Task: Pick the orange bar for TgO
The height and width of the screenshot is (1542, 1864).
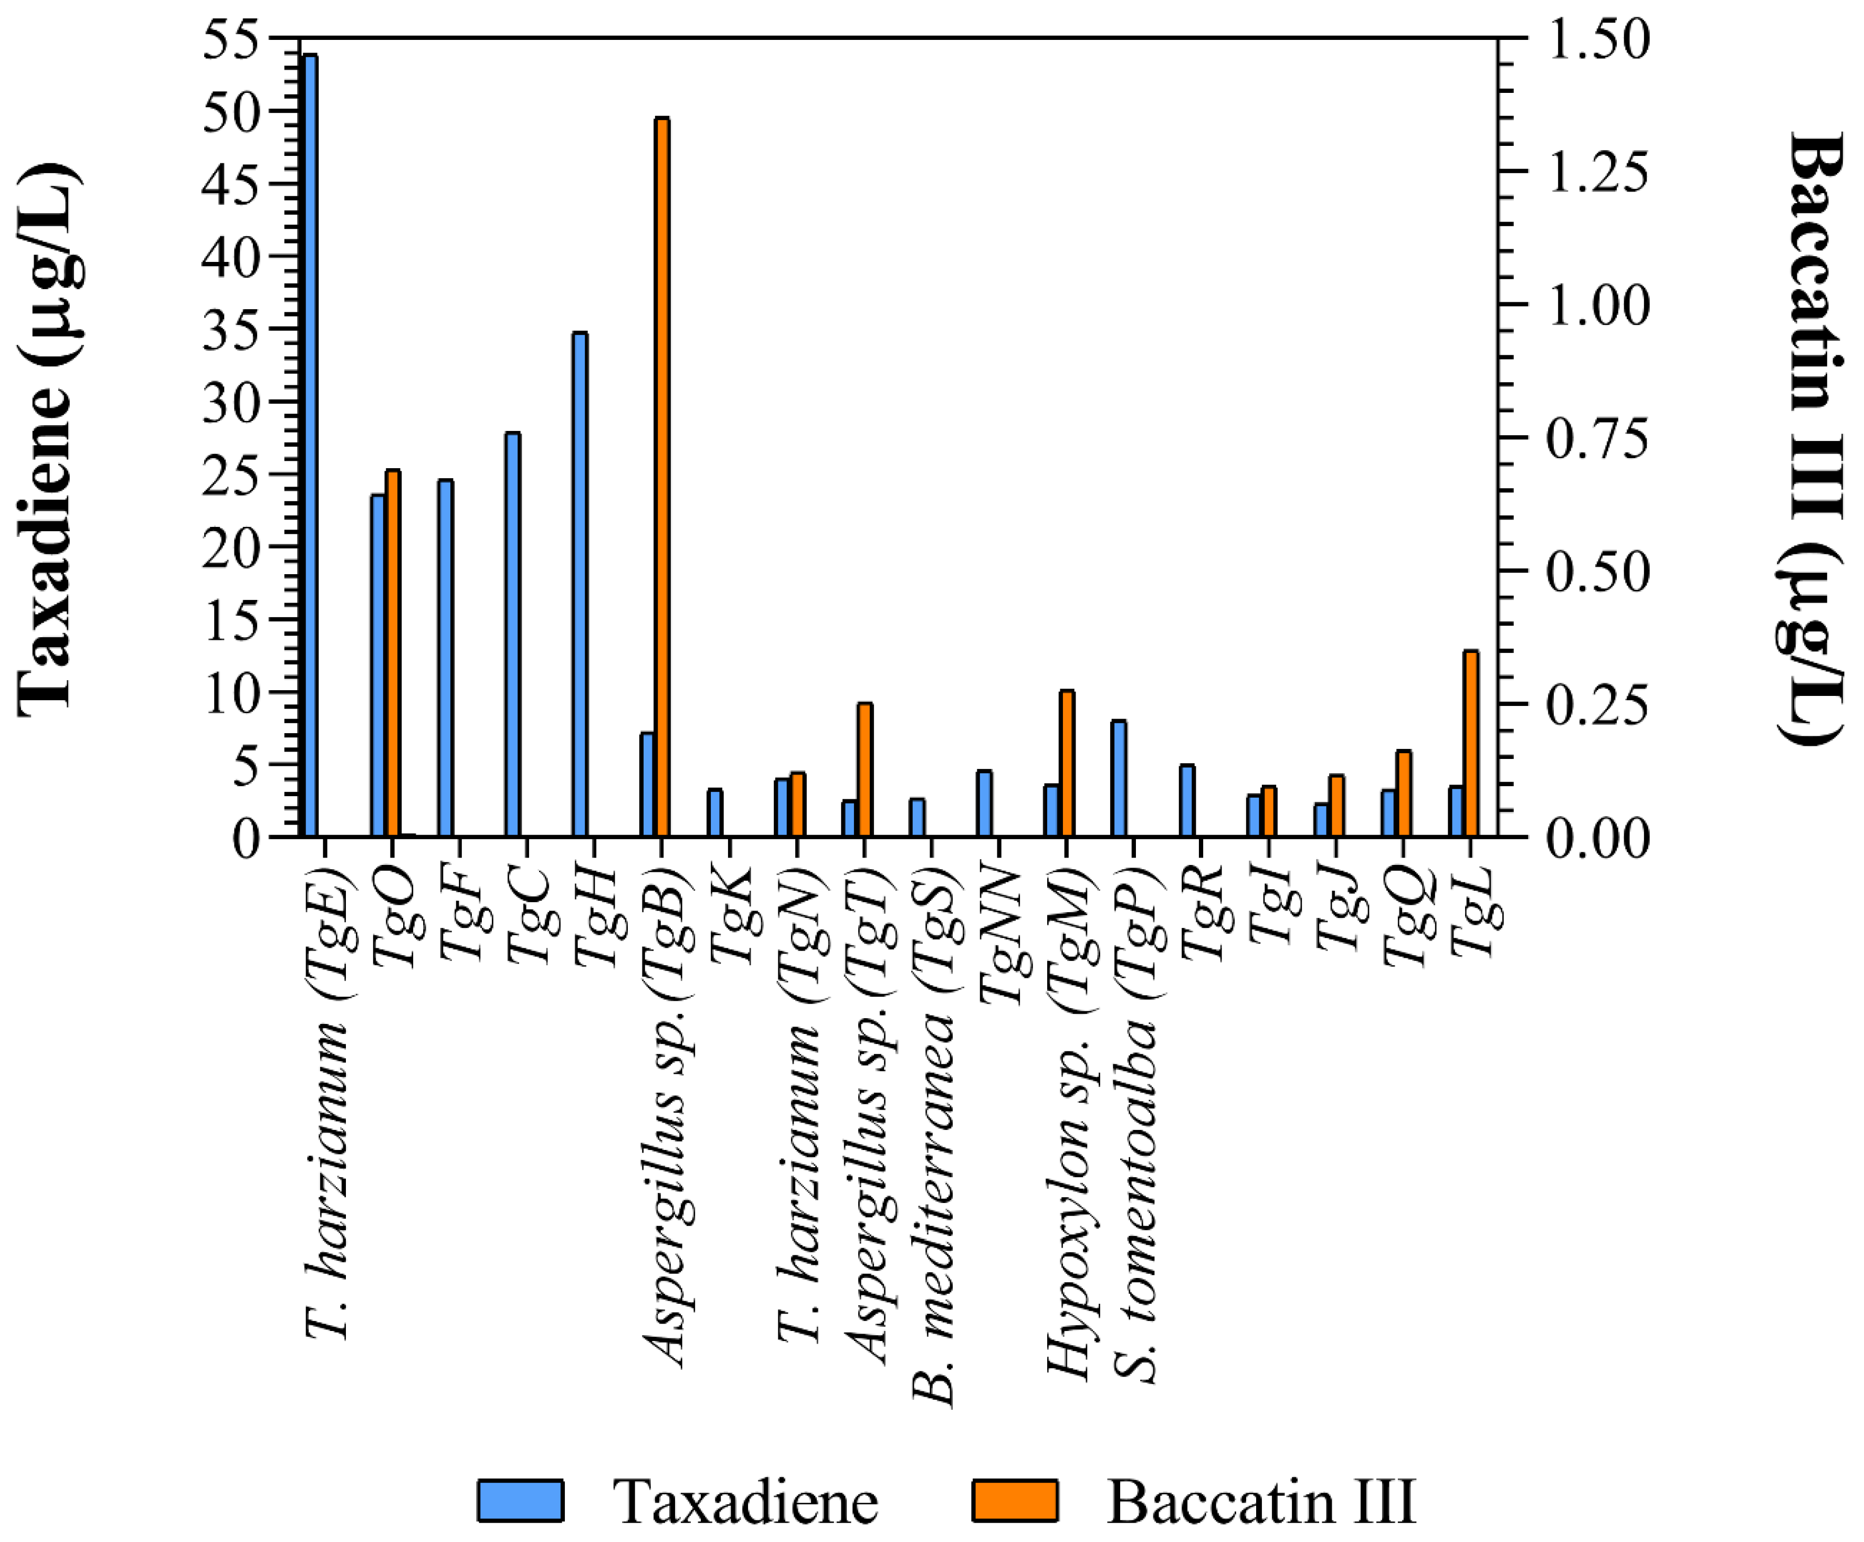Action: (392, 652)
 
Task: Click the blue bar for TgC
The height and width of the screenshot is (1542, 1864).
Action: (512, 634)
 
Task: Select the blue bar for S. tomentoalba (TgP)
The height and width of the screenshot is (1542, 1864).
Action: (1119, 778)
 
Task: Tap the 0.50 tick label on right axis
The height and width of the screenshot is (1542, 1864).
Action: (1596, 571)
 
